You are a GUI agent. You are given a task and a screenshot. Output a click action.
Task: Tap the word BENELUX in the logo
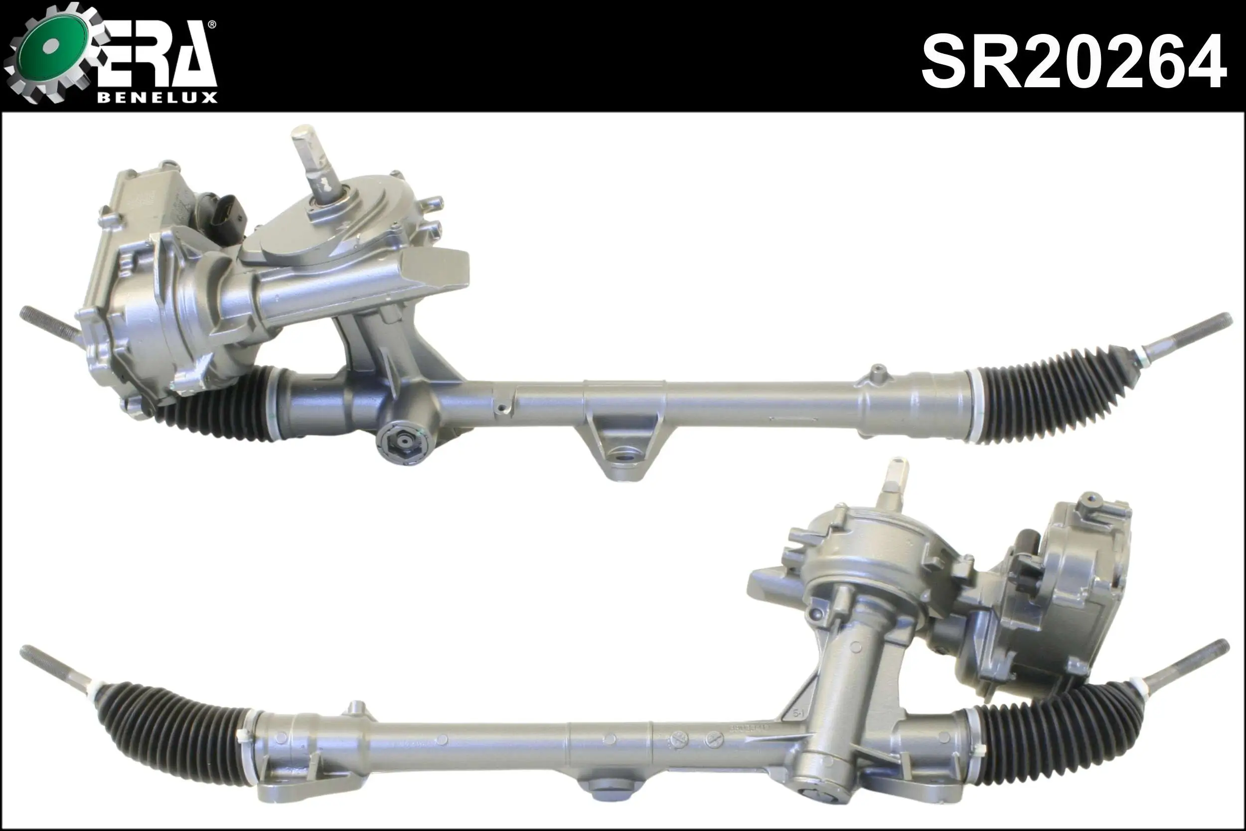click(x=157, y=98)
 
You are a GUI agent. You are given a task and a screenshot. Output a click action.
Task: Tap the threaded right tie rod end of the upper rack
click(x=1187, y=344)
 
